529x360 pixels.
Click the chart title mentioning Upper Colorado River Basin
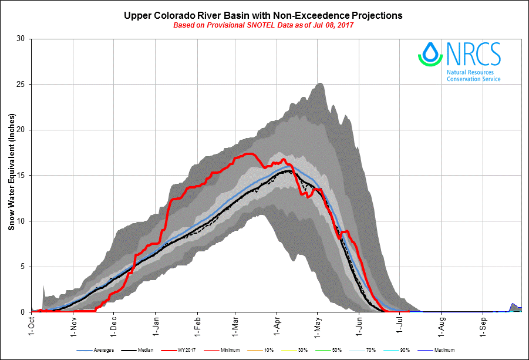263,15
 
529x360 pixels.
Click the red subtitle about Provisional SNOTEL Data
264,25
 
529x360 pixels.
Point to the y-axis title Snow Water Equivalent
11,175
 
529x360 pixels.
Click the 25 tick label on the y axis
20,85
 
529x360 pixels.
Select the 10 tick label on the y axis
20,221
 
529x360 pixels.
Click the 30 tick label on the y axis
20,39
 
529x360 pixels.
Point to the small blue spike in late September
513,304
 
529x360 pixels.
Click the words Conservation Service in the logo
473,79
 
